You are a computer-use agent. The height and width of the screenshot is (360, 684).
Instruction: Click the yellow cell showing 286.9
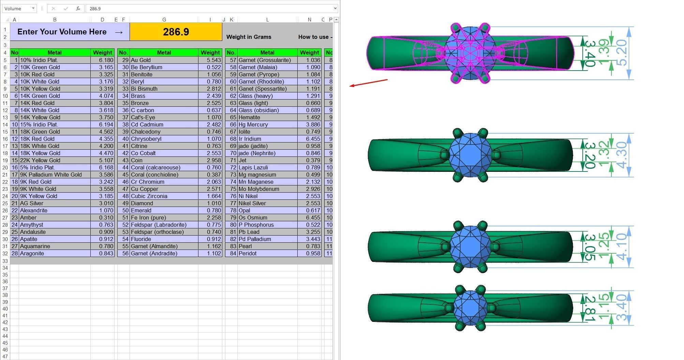pyautogui.click(x=176, y=32)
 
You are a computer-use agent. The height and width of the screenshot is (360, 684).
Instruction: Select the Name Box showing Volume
pyautogui.click(x=19, y=9)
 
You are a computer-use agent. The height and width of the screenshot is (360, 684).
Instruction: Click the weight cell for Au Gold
pyautogui.click(x=210, y=60)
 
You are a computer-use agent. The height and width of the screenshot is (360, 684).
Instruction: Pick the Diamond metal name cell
pyautogui.click(x=164, y=203)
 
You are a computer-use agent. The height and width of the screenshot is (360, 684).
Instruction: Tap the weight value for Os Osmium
pyautogui.click(x=309, y=217)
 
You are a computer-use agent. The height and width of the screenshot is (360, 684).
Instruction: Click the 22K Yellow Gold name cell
pyautogui.click(x=55, y=160)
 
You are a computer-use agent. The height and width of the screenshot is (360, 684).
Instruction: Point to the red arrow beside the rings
pyautogui.click(x=369, y=83)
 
